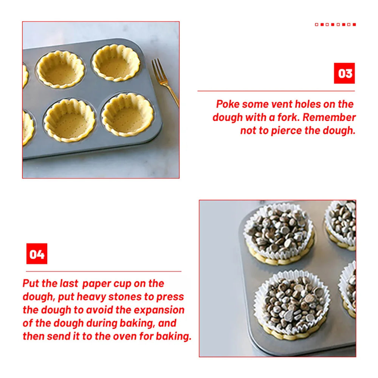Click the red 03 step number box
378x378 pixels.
pos(344,73)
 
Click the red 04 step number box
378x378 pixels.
pos(37,254)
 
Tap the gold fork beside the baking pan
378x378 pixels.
pos(166,82)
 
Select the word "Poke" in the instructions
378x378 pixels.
pos(228,104)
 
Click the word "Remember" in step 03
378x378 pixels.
pos(329,118)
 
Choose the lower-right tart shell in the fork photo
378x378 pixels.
pos(127,114)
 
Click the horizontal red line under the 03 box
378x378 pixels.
pos(276,91)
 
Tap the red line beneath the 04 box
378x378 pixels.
pos(104,271)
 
